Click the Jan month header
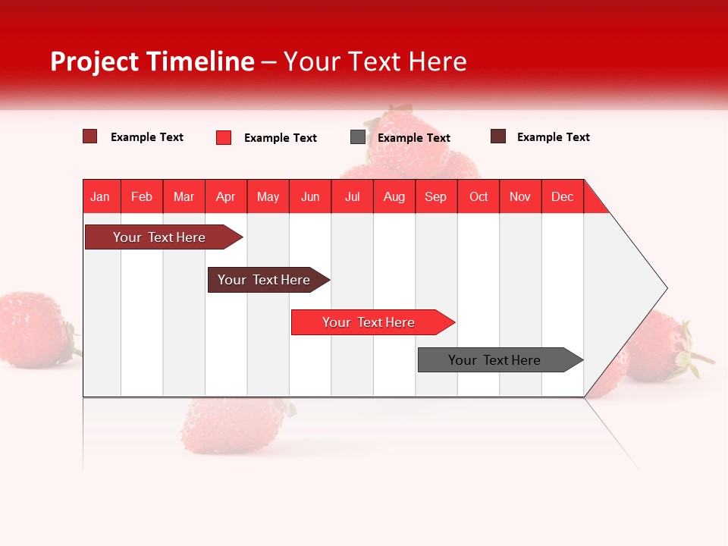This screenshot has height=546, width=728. point(101,196)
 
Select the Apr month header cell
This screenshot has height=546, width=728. point(226,196)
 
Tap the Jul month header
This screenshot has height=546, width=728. point(352,196)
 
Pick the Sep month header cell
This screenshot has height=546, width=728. point(436,196)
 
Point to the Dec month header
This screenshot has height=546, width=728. point(562,196)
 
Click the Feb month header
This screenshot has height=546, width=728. point(142,196)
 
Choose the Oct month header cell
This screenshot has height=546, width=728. point(479,196)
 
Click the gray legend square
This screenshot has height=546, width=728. point(358,137)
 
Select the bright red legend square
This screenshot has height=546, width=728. point(224,137)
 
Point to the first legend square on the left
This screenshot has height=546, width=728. point(90,136)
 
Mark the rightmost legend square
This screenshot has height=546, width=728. point(498,136)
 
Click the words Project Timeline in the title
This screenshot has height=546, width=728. point(152,61)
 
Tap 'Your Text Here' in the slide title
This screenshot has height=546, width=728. point(375,61)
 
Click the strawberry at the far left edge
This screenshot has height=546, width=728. point(34,330)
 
